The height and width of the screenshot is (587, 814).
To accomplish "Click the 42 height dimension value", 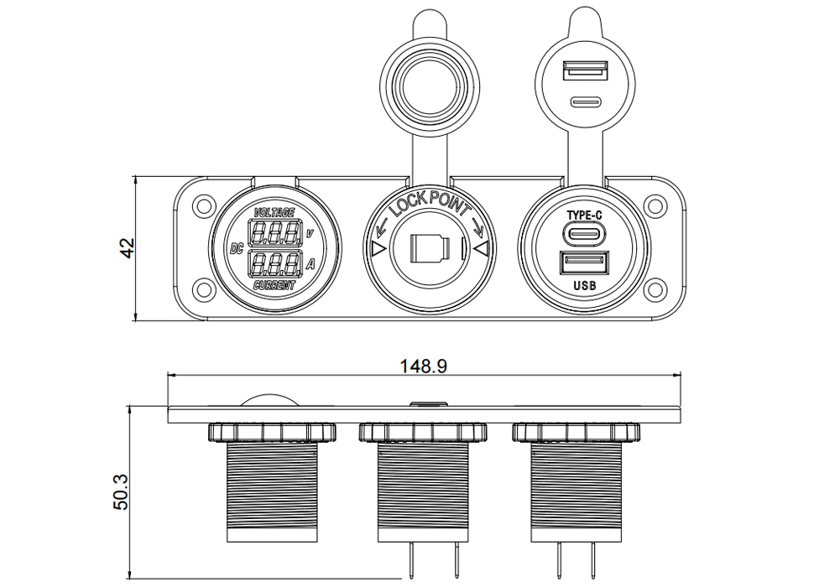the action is (128, 248).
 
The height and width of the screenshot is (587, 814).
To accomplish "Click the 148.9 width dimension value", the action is (423, 366).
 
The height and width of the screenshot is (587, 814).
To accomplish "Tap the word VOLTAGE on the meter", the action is (274, 213).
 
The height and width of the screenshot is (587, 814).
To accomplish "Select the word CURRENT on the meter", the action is (274, 285).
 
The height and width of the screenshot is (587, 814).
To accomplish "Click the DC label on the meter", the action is (236, 249).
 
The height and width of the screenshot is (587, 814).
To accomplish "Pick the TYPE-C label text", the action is (585, 216).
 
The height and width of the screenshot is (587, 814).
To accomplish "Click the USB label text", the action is (585, 285).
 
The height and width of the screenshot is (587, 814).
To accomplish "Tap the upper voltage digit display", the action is (275, 233).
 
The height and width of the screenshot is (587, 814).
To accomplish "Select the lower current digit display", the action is (275, 263).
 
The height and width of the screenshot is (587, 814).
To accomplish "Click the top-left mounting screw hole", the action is (204, 205).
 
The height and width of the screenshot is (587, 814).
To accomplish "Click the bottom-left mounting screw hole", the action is (204, 288).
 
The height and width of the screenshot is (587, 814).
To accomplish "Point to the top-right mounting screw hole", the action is (655, 205).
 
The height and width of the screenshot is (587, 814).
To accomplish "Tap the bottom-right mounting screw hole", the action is (655, 288).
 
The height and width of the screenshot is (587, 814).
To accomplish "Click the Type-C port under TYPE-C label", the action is (585, 233).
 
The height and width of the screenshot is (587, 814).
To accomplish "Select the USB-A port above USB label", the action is (584, 262).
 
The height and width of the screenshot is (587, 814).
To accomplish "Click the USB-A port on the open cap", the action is (585, 70).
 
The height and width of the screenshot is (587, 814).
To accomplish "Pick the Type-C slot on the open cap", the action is (585, 101).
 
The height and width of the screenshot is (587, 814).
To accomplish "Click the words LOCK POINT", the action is (430, 202).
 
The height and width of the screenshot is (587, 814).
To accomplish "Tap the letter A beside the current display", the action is (310, 264).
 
